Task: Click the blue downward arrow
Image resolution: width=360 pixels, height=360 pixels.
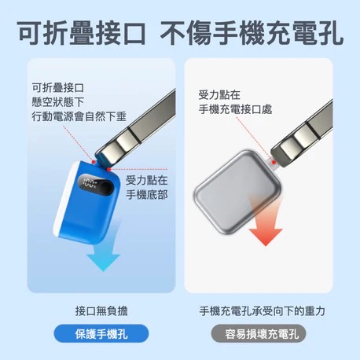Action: (105, 252)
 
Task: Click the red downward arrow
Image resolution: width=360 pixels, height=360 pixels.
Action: (266, 226)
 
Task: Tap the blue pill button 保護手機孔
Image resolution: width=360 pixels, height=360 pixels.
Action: (101, 333)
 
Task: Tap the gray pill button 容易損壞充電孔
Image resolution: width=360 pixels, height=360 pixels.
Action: (259, 333)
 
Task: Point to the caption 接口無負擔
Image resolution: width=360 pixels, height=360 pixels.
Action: (101, 311)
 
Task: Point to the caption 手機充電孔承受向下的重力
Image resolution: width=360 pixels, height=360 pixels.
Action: (262, 311)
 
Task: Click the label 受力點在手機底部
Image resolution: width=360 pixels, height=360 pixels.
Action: (147, 188)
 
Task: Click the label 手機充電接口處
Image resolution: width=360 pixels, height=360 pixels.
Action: (235, 109)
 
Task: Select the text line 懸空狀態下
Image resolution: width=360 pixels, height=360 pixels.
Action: (57, 102)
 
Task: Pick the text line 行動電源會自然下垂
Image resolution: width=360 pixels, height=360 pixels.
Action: (79, 116)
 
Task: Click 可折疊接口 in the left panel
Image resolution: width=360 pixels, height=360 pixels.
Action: (57, 88)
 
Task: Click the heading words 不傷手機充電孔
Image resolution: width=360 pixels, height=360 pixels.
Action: (252, 34)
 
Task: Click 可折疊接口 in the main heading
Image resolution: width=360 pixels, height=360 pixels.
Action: (81, 34)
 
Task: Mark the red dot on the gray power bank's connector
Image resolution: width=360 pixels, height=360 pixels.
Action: (274, 162)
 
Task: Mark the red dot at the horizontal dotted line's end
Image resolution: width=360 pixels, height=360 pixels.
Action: (108, 170)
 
